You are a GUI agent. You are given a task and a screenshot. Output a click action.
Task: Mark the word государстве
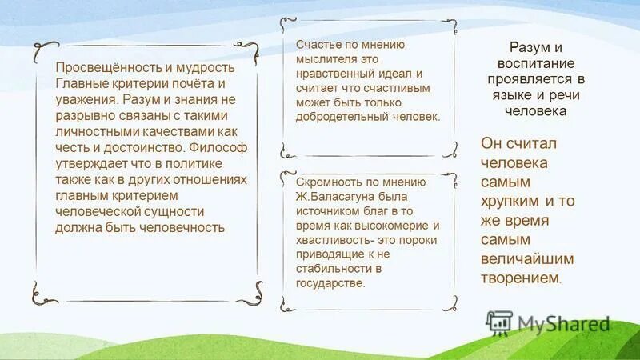coord(330,282)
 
